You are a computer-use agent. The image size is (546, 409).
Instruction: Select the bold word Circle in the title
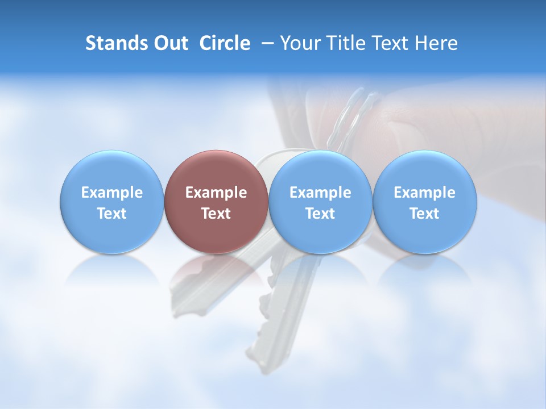click(225, 43)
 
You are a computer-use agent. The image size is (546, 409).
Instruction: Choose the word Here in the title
click(436, 43)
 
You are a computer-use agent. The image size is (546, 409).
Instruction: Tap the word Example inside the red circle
click(216, 193)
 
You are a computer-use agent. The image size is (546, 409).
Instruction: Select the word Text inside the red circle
click(216, 214)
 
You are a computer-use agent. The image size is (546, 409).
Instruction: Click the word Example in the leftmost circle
click(111, 193)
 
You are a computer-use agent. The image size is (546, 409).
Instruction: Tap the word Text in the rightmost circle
click(424, 214)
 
